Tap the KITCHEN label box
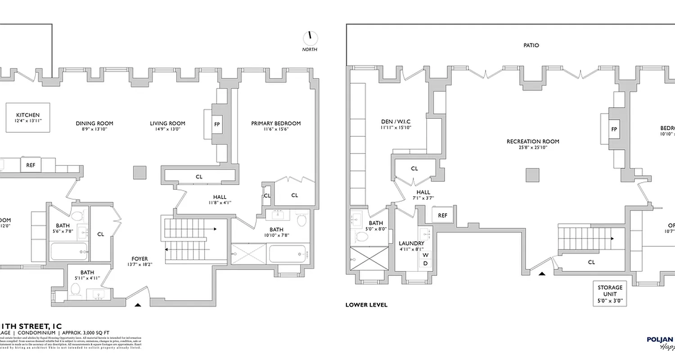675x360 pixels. point(28,118)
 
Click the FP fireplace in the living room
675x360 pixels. point(217,125)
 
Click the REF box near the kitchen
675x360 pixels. point(31,165)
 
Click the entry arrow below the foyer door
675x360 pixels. point(138,305)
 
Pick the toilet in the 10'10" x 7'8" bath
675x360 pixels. point(301,220)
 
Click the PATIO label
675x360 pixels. point(531,45)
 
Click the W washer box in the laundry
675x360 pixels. point(425,255)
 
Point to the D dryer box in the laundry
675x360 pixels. point(425,263)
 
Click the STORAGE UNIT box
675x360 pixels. point(610,294)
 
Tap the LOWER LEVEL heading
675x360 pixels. point(366,305)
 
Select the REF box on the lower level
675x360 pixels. point(443,216)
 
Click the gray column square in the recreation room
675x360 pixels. point(532,175)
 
